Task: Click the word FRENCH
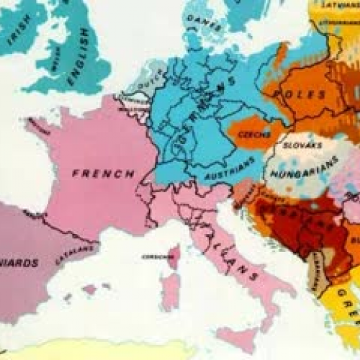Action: (x=102, y=174)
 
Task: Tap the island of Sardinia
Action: (x=170, y=291)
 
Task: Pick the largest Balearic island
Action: (x=91, y=289)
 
